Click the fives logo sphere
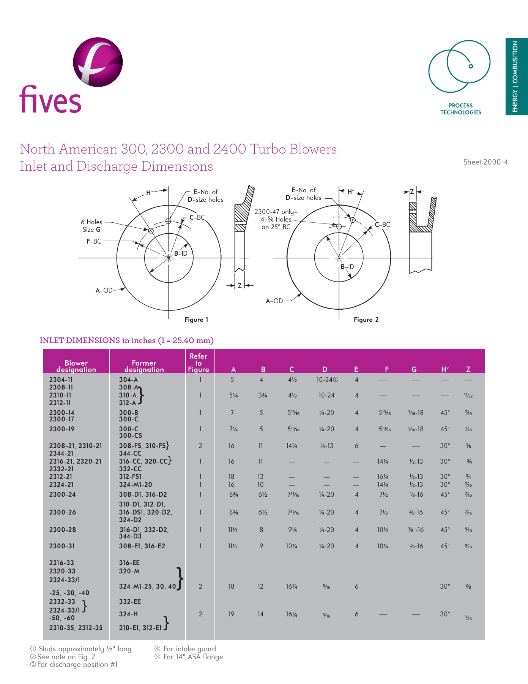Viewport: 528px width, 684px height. coord(98,62)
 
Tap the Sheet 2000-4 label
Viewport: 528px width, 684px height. coord(485,162)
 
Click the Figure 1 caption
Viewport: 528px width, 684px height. coord(196,320)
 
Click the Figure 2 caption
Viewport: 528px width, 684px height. coord(366,320)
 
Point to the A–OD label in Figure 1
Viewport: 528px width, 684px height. coord(104,290)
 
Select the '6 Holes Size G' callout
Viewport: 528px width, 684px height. coord(91,226)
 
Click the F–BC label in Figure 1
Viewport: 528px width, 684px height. coord(94,241)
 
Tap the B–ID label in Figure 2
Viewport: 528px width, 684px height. coord(347,267)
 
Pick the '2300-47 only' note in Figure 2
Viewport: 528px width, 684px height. coord(276,219)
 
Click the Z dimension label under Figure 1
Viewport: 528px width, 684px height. coord(240,285)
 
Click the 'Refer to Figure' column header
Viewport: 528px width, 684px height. coord(199,363)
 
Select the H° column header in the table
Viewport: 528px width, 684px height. coord(445,369)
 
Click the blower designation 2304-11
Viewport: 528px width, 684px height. coord(61,380)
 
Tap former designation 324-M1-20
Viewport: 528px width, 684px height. coord(136,484)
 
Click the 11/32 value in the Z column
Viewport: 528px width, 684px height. coord(468,396)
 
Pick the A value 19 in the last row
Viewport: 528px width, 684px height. coord(231,614)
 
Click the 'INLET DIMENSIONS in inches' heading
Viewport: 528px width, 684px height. coord(126,340)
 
